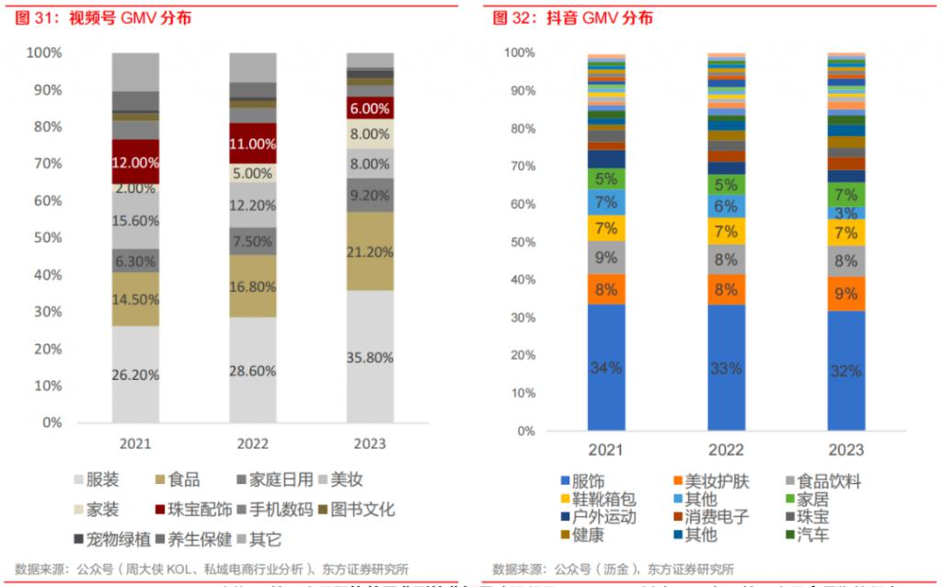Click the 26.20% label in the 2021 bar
(135, 374)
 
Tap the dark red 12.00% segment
(135, 162)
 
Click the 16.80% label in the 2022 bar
(252, 286)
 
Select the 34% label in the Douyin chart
(607, 367)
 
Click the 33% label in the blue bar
(726, 368)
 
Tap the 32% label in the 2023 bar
(845, 371)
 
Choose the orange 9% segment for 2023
(845, 294)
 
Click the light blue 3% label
(845, 213)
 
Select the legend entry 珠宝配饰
(194, 509)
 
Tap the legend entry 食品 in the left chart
(178, 479)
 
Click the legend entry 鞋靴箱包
(603, 499)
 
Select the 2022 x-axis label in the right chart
(726, 451)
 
